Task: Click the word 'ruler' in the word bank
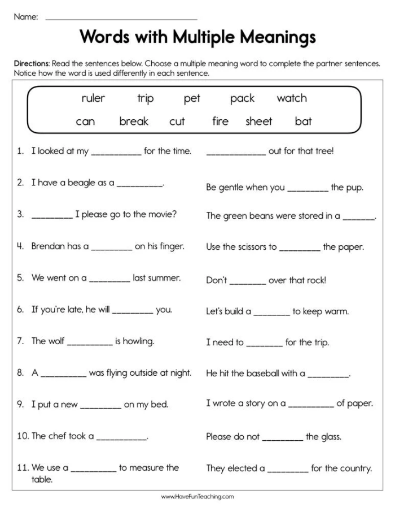(93, 99)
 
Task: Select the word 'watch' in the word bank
(292, 98)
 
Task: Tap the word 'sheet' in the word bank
(258, 122)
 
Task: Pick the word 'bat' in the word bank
(303, 122)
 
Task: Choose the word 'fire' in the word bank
(220, 122)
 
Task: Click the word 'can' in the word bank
(85, 122)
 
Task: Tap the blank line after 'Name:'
(121, 19)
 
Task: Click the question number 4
(20, 246)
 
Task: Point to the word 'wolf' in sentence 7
(56, 341)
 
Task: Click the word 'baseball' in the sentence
(265, 373)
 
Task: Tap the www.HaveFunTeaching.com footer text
(197, 497)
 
